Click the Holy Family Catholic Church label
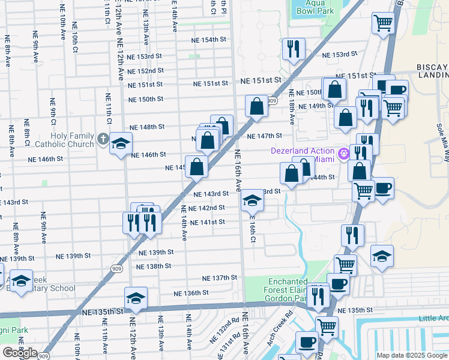click(72, 140)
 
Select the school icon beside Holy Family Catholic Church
click(121, 144)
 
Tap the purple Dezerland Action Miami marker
click(343, 154)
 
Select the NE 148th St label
click(147, 127)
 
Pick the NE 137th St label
click(220, 278)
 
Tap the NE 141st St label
click(207, 222)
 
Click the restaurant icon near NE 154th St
click(294, 49)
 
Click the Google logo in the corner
click(19, 353)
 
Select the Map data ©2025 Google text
click(411, 355)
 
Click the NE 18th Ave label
click(291, 107)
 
